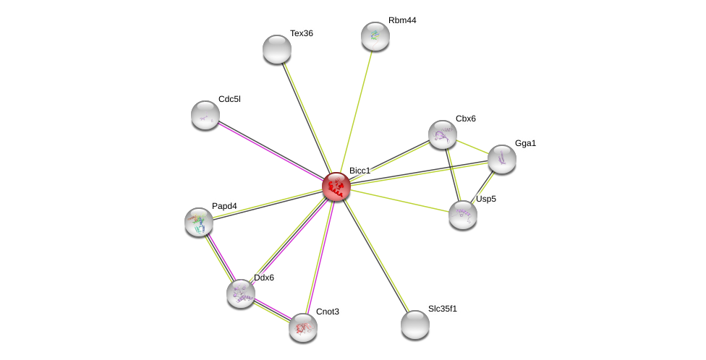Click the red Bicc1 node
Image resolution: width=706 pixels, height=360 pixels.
pyautogui.click(x=336, y=187)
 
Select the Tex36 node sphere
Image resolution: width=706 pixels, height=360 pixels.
pyautogui.click(x=277, y=49)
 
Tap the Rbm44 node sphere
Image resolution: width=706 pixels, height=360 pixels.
pyautogui.click(x=375, y=36)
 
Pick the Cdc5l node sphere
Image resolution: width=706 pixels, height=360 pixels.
pyautogui.click(x=205, y=115)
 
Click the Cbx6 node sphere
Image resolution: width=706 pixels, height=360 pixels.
pyautogui.click(x=443, y=134)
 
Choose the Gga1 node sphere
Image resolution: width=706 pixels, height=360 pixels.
pyautogui.click(x=502, y=159)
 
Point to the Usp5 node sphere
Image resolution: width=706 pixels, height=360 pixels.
pyautogui.click(x=463, y=215)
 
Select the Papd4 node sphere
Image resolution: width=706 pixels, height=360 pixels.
pyautogui.click(x=199, y=222)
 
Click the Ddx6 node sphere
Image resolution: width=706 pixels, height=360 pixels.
pyautogui.click(x=241, y=293)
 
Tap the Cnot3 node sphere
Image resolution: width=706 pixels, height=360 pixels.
pyautogui.click(x=303, y=327)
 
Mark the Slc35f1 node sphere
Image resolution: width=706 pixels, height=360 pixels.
pyautogui.click(x=415, y=325)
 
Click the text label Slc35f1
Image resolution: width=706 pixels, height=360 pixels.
pyautogui.click(x=443, y=309)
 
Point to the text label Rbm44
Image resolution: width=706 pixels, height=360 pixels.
pyautogui.click(x=402, y=20)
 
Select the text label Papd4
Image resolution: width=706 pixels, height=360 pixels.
pyautogui.click(x=224, y=206)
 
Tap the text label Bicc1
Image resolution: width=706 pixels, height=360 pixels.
pyautogui.click(x=360, y=171)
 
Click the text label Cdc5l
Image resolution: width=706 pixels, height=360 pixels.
pyautogui.click(x=229, y=99)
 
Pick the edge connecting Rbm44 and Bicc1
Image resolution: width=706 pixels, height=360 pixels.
pyautogui.click(x=356, y=111)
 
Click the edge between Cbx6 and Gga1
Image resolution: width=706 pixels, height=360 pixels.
pyautogui.click(x=472, y=147)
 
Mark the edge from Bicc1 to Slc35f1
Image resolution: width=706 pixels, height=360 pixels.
pyautogui.click(x=376, y=256)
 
